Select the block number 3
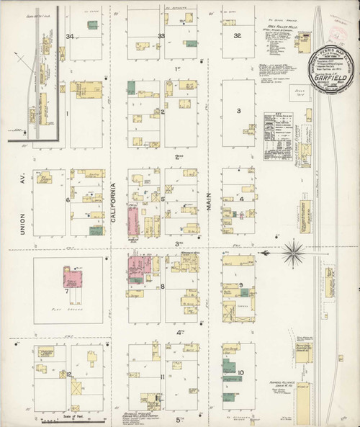point(238,111)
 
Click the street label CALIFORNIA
point(113,199)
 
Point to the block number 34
point(70,36)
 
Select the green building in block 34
point(93,25)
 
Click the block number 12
point(69,374)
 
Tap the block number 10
point(240,372)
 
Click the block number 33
point(162,36)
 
